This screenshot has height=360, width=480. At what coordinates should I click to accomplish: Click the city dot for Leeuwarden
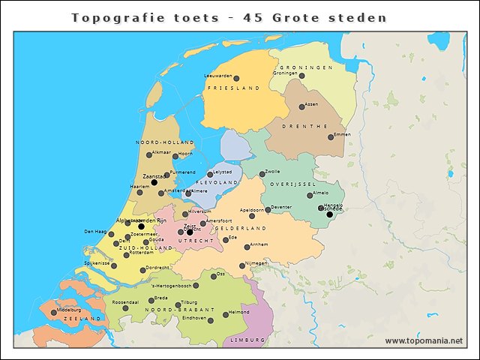pos(236,78)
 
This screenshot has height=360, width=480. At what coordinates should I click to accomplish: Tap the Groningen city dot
pos(302,76)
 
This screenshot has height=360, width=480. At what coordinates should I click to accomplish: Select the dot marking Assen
pos(302,106)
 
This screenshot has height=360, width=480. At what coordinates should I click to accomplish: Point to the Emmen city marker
pos(331,136)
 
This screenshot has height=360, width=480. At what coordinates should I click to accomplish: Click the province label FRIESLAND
pos(232,88)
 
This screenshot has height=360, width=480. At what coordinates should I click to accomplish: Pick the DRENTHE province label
pos(305,126)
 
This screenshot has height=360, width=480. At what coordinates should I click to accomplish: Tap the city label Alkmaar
pos(162,152)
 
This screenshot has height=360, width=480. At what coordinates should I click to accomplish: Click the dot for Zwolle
pos(262,174)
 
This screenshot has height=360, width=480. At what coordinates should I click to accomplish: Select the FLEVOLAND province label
pos(217,182)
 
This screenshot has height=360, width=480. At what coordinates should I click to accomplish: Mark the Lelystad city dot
pos(210,174)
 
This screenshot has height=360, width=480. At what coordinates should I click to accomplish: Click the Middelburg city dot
pos(53,312)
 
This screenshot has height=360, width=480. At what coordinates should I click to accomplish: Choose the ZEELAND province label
pos(82,319)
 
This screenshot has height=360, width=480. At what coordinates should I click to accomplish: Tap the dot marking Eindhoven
pos(209,320)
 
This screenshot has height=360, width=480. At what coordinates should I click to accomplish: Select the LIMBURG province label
pos(247,340)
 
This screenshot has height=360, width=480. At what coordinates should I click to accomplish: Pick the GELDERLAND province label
pos(241,228)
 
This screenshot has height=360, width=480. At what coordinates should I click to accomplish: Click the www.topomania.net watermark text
pos(424,340)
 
